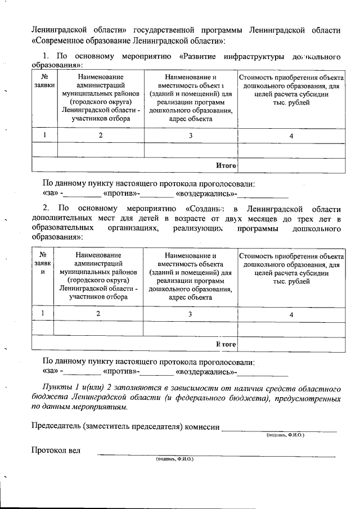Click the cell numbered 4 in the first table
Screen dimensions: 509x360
291,136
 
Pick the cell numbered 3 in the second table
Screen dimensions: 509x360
190,314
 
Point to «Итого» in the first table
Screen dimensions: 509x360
225,165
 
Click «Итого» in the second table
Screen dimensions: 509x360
225,344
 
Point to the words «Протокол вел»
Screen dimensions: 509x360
56,450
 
